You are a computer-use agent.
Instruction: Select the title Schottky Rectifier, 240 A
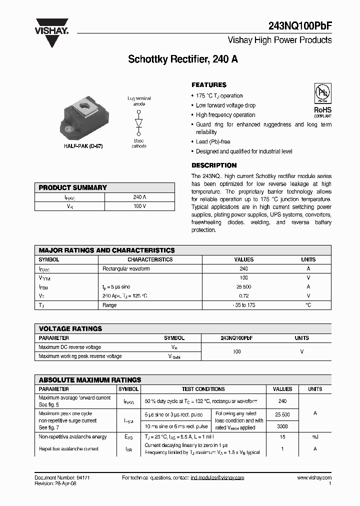click(183, 59)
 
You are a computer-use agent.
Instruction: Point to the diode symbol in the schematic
click(139, 123)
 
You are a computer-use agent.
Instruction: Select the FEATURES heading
click(209, 85)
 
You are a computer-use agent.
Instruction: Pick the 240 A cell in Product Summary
click(139, 197)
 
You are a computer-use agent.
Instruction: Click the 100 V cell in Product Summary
click(139, 206)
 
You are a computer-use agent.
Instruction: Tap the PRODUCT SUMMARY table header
click(73, 187)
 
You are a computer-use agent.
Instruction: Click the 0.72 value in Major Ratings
click(244, 296)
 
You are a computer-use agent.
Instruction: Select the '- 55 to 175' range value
click(244, 305)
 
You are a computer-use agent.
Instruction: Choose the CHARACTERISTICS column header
click(150, 259)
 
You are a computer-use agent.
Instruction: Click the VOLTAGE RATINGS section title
click(70, 328)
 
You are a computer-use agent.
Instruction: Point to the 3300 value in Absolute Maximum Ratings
click(282, 426)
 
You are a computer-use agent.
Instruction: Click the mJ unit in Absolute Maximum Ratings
click(315, 437)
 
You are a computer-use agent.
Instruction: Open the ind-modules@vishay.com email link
click(217, 478)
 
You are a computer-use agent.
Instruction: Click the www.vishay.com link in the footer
click(314, 478)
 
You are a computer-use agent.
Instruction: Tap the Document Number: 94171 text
click(62, 478)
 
